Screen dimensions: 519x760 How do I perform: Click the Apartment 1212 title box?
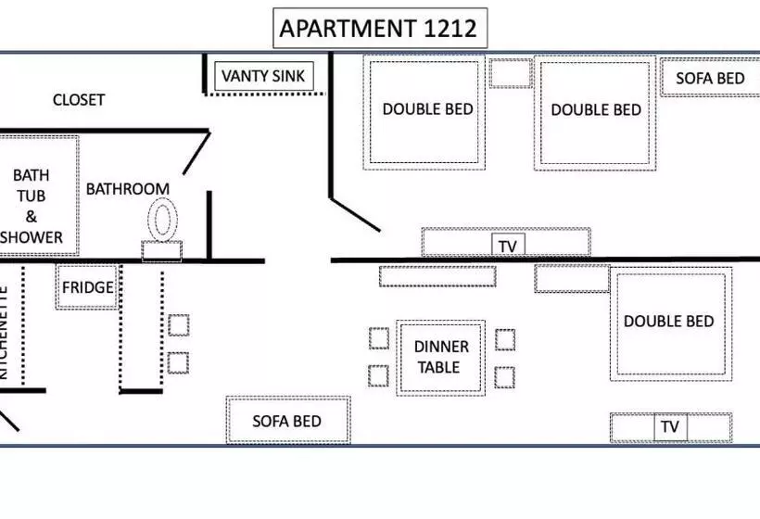[379, 29]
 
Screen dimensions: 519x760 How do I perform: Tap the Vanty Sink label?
[264, 76]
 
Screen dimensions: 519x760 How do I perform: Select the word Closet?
[79, 100]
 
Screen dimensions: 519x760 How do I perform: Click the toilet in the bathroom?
[163, 222]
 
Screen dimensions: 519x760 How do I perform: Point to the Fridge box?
[87, 287]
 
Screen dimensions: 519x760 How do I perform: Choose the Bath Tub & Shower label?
[32, 206]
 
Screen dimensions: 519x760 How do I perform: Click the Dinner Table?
[441, 358]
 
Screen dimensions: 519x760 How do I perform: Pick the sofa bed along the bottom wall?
[287, 421]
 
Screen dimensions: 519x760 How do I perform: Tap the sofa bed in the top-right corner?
[710, 78]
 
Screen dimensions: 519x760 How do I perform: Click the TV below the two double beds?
[507, 246]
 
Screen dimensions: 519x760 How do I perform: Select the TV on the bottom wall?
[670, 427]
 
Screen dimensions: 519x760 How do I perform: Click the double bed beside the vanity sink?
[427, 110]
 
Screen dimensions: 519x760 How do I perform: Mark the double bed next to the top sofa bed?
[595, 111]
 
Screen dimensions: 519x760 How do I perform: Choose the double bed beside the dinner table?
[669, 323]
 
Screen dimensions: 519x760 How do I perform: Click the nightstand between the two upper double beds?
[510, 72]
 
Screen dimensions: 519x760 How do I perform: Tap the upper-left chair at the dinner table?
[378, 338]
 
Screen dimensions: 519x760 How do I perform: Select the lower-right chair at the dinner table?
[504, 377]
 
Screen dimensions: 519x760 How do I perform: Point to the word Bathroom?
[127, 189]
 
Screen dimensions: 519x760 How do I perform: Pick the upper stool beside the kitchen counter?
[178, 325]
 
